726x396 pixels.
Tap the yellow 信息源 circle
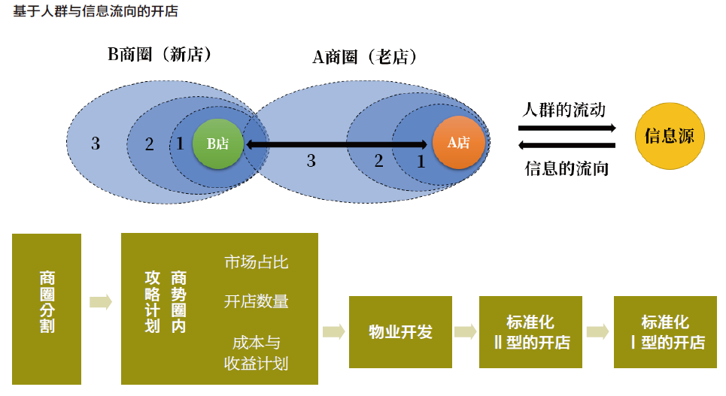674,137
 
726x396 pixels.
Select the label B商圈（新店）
160,55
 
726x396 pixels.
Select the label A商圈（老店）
366,57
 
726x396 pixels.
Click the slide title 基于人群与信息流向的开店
96,12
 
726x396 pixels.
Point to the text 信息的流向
567,168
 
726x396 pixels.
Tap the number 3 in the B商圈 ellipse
96,143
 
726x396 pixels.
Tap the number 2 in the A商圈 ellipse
378,160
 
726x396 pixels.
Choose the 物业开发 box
400,331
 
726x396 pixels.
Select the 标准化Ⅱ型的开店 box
530,331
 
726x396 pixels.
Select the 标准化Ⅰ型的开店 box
666,331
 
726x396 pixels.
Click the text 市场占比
256,262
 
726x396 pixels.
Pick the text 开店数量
256,301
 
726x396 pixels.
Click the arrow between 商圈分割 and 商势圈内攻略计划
101,302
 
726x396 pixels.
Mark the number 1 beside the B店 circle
180,143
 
